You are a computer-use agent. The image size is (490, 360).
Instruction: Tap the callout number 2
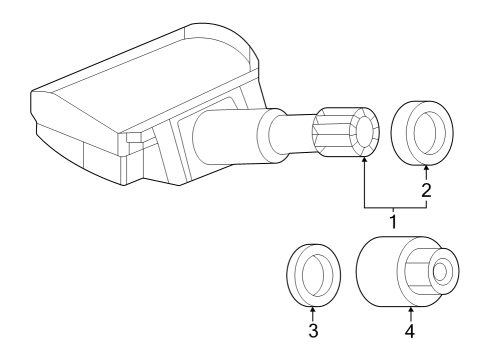tap(426, 190)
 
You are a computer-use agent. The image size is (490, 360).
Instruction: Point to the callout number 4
tap(409, 331)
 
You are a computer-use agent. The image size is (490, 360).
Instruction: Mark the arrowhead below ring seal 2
tap(426, 167)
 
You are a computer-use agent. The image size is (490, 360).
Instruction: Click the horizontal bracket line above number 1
tap(395, 208)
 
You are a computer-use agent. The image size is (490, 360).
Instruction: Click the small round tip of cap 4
tap(442, 270)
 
